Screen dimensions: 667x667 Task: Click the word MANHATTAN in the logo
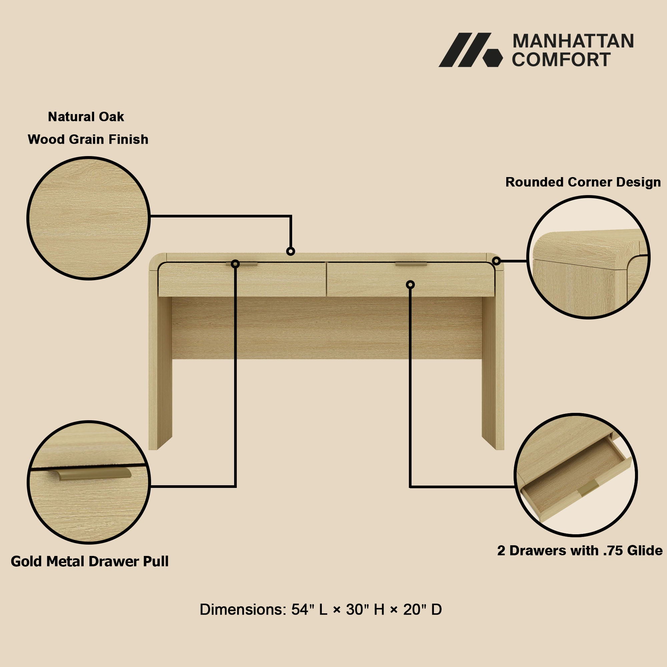click(x=573, y=41)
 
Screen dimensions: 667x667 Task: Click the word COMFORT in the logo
click(x=561, y=59)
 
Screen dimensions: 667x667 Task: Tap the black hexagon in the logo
click(x=492, y=58)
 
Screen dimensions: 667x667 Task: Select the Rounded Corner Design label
click(x=583, y=182)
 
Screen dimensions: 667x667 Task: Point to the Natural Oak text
click(x=86, y=117)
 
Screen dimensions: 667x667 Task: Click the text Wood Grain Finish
click(x=88, y=139)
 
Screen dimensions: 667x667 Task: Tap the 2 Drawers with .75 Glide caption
click(x=580, y=550)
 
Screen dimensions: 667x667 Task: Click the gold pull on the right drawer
click(x=411, y=264)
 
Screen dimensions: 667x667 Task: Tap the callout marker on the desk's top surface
click(x=291, y=251)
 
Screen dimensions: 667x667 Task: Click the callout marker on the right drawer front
click(x=410, y=284)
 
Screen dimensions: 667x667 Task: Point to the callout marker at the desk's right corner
click(x=497, y=261)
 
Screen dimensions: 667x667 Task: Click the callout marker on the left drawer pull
click(x=235, y=264)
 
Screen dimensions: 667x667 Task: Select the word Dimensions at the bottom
click(x=243, y=610)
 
